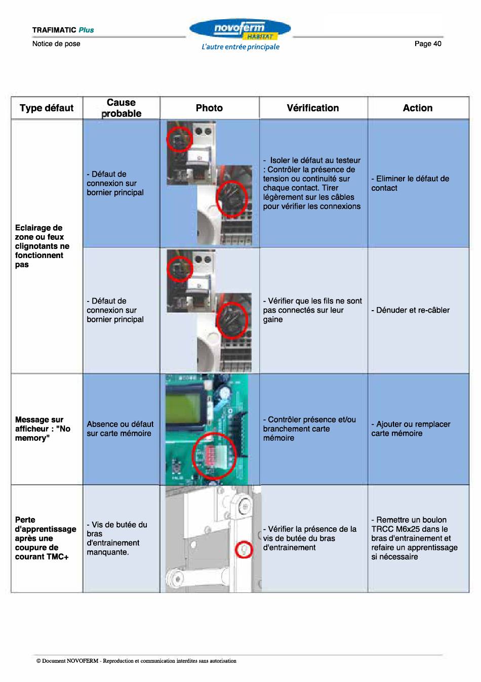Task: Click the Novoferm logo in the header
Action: [x=240, y=29]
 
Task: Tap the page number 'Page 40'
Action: [x=428, y=44]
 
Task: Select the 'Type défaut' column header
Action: [x=47, y=108]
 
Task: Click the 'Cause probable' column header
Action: [x=121, y=108]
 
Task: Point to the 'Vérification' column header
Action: [x=313, y=108]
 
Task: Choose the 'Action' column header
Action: [x=418, y=108]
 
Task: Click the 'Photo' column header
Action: [x=209, y=108]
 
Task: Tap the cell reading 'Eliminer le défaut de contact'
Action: [x=410, y=183]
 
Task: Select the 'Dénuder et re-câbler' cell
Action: [x=410, y=310]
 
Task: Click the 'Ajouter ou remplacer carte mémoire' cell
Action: [x=411, y=429]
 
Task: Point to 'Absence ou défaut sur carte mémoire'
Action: [x=120, y=429]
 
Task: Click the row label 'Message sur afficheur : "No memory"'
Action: [x=43, y=429]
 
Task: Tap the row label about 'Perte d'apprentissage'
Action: [x=46, y=538]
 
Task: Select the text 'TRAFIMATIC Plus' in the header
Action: [x=63, y=30]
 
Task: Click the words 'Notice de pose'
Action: [x=56, y=44]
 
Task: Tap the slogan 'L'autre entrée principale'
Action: [x=240, y=47]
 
